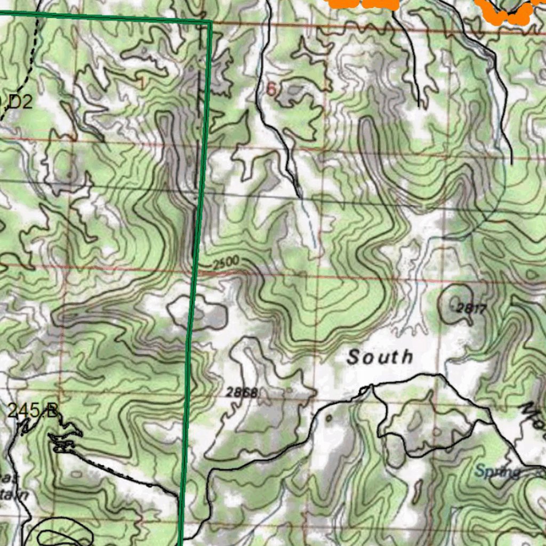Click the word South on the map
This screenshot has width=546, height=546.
point(380,357)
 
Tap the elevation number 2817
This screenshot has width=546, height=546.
point(471,308)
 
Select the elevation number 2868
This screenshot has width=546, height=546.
point(242,393)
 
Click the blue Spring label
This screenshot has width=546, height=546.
point(497,471)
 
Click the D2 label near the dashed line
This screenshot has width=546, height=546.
point(20,101)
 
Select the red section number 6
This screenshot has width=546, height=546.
point(271,90)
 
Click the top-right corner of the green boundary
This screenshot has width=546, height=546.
point(210,22)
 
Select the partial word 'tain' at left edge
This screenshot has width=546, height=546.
point(17,495)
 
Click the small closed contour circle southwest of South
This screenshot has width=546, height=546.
point(328,418)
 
